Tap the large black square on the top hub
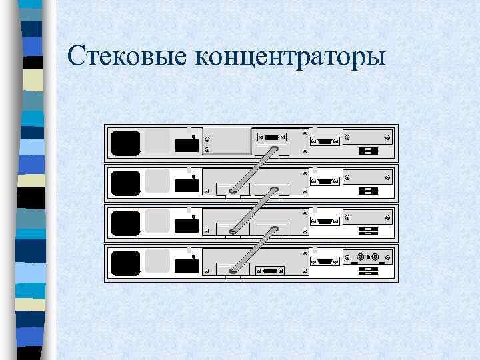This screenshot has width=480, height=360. (125, 143)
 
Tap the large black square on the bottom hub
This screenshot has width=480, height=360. (125, 263)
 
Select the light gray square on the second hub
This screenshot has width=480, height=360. (157, 181)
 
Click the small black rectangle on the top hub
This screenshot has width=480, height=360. (186, 146)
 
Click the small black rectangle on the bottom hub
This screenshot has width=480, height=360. (186, 266)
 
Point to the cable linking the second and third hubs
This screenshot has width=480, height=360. (253, 210)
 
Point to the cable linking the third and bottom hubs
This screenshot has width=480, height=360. (253, 250)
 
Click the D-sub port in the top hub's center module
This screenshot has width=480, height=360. (271, 138)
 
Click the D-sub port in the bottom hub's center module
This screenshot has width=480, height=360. (271, 271)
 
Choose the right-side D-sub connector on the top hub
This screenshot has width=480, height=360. (326, 141)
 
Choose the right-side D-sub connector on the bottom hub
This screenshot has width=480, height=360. (326, 261)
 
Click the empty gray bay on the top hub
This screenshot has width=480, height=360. (227, 140)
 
